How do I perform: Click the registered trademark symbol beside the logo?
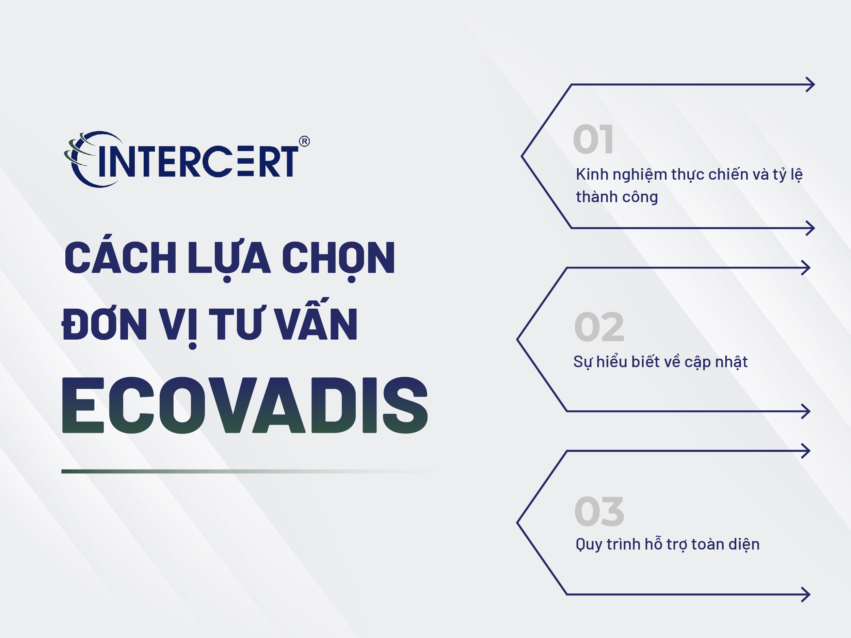tap(304, 142)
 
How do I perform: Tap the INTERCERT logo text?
tap(198, 162)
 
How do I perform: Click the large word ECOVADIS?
tap(245, 405)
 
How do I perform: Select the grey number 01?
tap(593, 139)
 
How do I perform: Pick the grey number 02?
tap(599, 327)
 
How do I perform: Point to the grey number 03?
tap(599, 511)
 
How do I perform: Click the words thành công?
tap(617, 197)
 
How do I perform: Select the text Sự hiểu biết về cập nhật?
tap(660, 362)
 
